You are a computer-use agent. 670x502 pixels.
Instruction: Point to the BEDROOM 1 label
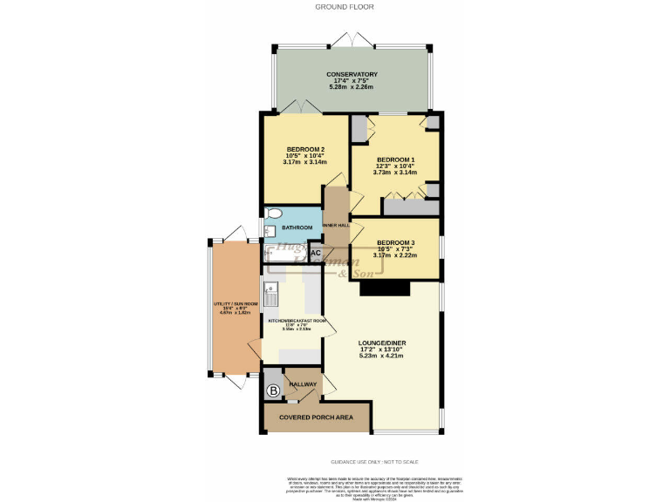click(x=395, y=159)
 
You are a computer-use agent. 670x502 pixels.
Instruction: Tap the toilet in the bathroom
click(x=273, y=214)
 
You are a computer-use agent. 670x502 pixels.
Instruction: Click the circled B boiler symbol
click(x=273, y=390)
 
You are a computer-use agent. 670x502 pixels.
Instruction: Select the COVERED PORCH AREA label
click(x=316, y=418)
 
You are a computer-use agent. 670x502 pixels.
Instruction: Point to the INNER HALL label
click(x=336, y=225)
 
